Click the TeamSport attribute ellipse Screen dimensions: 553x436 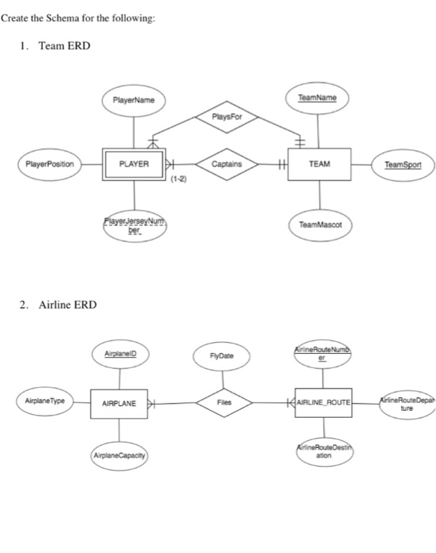pos(403,165)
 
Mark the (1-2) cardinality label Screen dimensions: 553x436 pos(179,181)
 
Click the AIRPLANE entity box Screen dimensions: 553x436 pos(119,403)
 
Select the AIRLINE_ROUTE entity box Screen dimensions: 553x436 pos(325,403)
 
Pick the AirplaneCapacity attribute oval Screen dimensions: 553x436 pos(119,457)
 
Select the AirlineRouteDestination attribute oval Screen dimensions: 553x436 pos(325,452)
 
